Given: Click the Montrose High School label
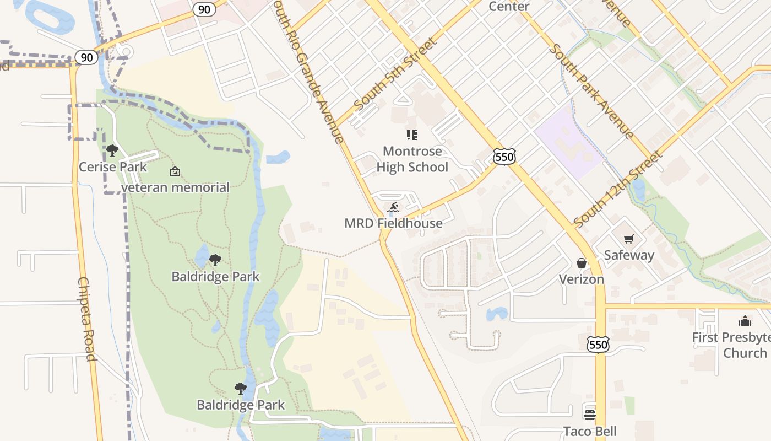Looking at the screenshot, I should point(412,159).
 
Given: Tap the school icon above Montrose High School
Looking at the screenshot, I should point(412,135).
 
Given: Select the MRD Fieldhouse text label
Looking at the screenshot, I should point(393,223).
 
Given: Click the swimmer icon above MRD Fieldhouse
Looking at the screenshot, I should point(393,208).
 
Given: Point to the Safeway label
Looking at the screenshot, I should point(629,255).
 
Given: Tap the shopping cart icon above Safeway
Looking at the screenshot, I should point(629,239).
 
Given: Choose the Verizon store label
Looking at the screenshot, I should point(582,279).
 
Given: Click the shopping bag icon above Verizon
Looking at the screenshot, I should point(582,263).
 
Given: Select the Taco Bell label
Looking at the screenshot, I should point(590,431).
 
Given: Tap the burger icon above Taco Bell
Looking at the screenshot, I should point(590,415).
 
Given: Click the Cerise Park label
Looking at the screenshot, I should point(113,167).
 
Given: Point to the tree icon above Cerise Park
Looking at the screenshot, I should point(112,150).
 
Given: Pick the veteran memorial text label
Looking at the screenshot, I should point(175,187).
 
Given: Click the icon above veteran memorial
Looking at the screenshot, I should point(175,171).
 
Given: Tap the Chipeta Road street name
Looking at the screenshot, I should point(87,319).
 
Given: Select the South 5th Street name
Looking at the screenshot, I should point(395,74).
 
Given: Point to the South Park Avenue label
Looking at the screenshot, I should point(591,91).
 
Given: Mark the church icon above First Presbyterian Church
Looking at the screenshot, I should point(745,321).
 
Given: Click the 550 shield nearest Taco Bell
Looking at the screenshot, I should point(598,345).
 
